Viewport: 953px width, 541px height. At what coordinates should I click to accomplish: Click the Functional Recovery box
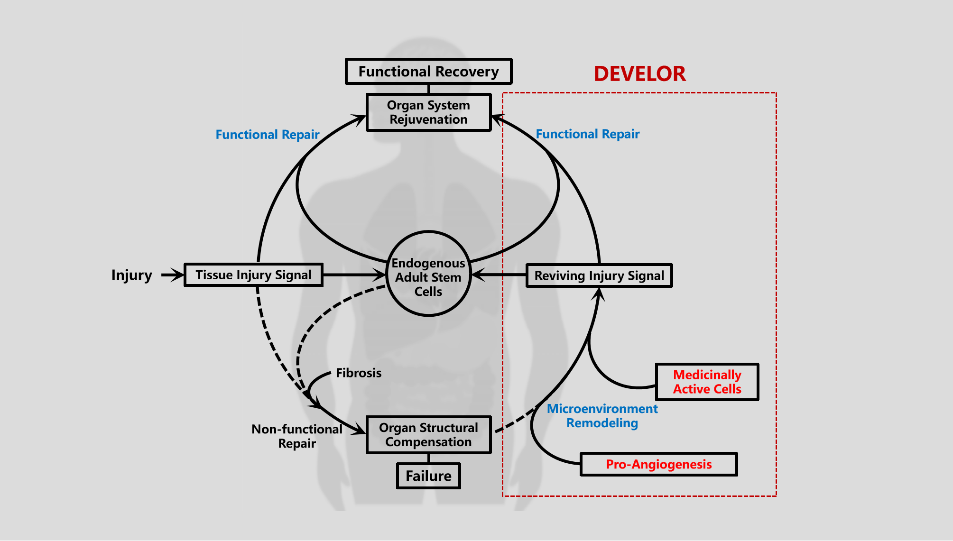[x=428, y=72]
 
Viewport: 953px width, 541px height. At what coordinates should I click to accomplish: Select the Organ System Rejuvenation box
[x=428, y=112]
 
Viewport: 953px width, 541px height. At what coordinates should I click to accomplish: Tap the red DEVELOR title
[x=639, y=74]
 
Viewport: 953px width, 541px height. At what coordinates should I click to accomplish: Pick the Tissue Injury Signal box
[x=253, y=275]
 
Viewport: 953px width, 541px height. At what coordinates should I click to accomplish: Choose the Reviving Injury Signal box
[x=599, y=275]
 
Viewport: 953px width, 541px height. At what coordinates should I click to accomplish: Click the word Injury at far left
[x=131, y=275]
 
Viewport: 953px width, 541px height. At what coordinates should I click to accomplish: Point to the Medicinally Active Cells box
[x=707, y=382]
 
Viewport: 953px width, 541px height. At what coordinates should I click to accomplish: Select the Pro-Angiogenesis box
[x=658, y=464]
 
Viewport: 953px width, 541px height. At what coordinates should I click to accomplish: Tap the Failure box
[x=428, y=476]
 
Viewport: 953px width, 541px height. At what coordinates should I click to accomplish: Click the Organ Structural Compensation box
[x=428, y=435]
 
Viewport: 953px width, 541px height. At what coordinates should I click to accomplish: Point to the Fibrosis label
[x=359, y=373]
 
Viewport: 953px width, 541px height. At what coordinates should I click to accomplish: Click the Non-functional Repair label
[x=297, y=436]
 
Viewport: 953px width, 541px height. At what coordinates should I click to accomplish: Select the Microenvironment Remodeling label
[x=602, y=416]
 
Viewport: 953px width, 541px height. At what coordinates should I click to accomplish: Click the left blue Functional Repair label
[x=268, y=135]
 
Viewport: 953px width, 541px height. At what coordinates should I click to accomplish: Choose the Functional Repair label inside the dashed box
[x=587, y=134]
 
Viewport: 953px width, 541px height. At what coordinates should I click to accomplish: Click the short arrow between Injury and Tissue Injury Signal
[x=172, y=275]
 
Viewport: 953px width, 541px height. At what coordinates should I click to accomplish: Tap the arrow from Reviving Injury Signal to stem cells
[x=499, y=275]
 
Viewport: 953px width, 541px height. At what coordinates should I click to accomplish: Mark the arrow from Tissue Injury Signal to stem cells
[x=354, y=275]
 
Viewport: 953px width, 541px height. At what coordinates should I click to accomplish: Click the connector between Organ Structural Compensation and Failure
[x=428, y=458]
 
